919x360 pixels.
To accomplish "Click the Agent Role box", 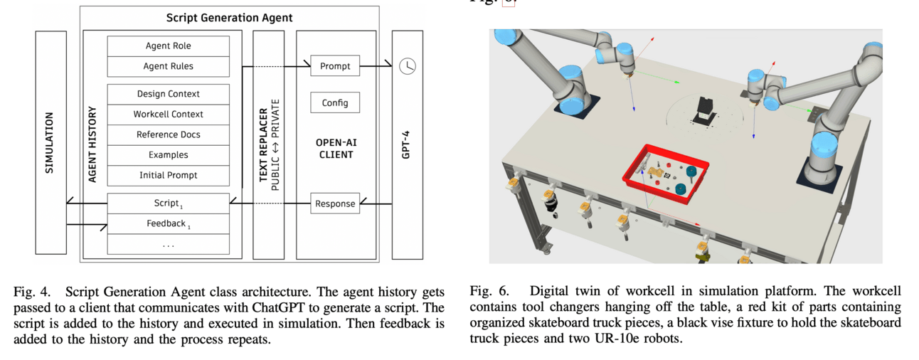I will click(x=168, y=46).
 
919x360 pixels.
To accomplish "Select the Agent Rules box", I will click(x=168, y=66).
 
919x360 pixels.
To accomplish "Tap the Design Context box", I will click(x=168, y=94).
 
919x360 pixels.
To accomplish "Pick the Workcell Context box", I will click(x=168, y=114).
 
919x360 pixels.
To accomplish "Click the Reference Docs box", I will click(x=168, y=134).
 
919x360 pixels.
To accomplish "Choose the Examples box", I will click(x=168, y=154).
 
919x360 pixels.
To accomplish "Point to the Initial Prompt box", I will click(x=168, y=175).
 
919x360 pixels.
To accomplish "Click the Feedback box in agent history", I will click(x=168, y=223).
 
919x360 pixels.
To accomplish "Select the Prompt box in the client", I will click(x=335, y=66).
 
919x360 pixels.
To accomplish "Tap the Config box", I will click(x=335, y=102).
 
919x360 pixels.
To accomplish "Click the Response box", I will click(x=335, y=203).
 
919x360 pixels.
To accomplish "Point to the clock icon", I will click(x=407, y=66).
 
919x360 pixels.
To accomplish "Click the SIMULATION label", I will click(x=50, y=143).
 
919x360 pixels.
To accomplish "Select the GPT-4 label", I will click(x=406, y=143).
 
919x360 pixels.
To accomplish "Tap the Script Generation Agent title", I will click(x=229, y=18).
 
